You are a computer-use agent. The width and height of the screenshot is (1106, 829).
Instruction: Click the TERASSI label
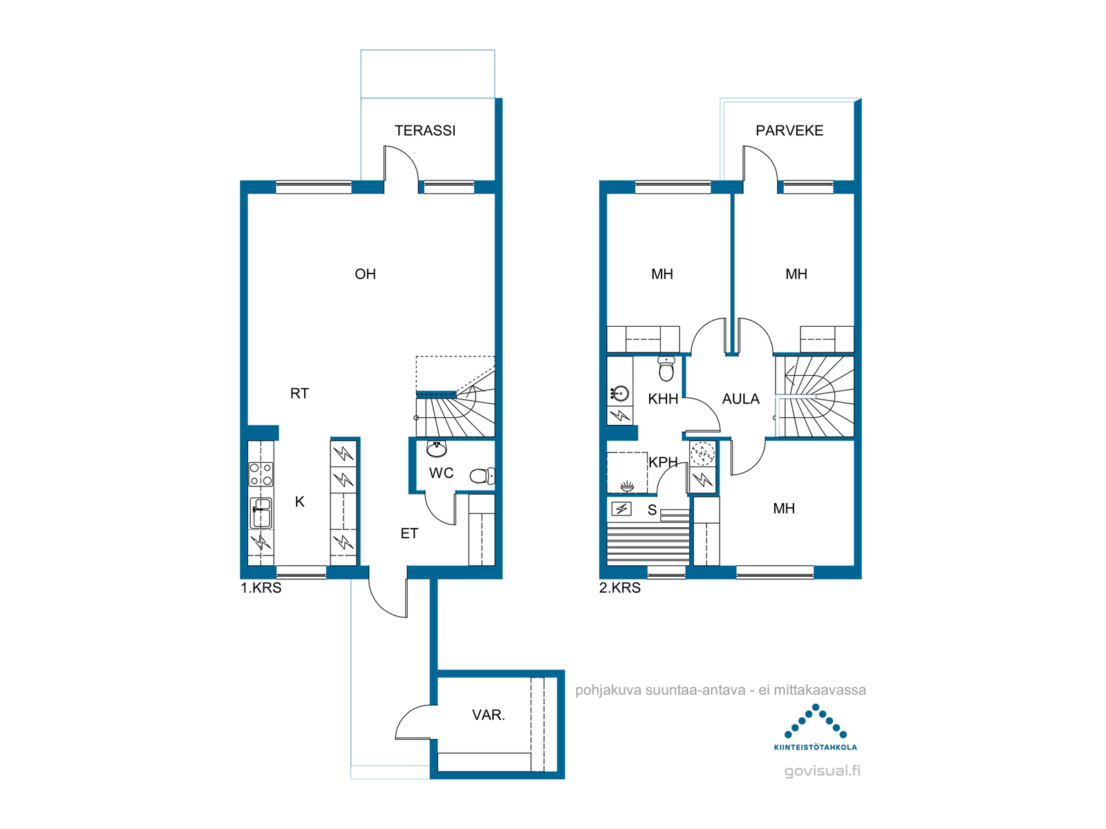click(x=424, y=131)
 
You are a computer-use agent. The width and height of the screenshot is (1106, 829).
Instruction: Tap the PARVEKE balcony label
click(x=789, y=131)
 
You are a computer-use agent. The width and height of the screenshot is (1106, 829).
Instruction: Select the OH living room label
click(x=365, y=274)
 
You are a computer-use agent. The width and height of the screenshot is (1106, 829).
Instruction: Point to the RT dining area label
click(x=299, y=394)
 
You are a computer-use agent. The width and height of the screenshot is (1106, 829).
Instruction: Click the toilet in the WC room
click(x=482, y=476)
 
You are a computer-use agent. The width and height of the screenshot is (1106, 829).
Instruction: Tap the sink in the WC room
click(x=436, y=448)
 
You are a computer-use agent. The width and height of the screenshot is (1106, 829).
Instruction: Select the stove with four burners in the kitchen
click(x=261, y=474)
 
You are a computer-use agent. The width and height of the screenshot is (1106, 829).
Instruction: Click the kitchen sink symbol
click(x=261, y=513)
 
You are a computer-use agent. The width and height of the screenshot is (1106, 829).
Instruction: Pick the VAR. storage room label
click(x=488, y=715)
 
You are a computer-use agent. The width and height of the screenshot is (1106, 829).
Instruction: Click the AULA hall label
click(x=741, y=399)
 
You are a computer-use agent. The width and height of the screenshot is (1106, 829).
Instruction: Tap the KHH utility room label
click(x=663, y=399)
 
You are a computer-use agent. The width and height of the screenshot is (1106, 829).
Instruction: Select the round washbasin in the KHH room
click(x=620, y=393)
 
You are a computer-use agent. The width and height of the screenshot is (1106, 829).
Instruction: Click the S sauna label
click(x=652, y=511)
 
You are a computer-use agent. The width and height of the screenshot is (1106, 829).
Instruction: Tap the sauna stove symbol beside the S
click(x=621, y=509)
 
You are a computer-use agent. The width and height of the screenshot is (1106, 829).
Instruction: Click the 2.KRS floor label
click(x=620, y=588)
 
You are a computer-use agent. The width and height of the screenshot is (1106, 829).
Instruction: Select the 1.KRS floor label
click(x=261, y=588)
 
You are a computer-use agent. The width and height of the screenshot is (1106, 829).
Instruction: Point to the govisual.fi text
click(x=823, y=770)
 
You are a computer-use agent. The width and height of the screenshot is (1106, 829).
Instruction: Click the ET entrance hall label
click(x=409, y=533)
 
